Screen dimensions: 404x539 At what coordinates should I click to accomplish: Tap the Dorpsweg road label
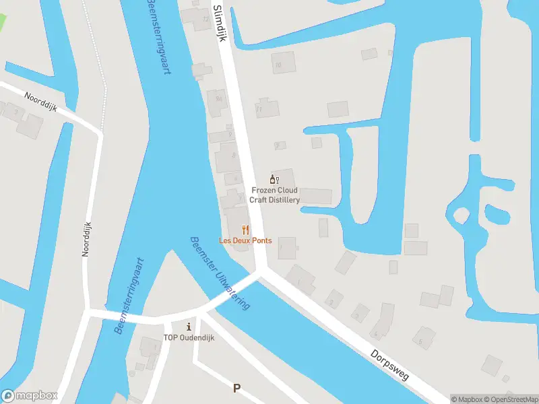click(390, 365)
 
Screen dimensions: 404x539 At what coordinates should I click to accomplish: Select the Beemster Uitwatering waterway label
click(220, 273)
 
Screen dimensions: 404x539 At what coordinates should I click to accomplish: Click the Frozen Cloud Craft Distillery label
click(276, 195)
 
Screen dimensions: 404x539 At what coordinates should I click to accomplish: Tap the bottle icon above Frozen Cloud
click(274, 179)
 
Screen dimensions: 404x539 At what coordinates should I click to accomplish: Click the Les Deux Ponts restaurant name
click(245, 240)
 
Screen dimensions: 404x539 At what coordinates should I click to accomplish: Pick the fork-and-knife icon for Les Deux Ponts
click(246, 229)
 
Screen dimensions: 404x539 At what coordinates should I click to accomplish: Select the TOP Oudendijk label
click(189, 338)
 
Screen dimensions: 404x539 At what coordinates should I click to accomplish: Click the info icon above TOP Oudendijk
click(189, 327)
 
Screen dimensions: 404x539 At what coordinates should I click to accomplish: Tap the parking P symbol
click(236, 388)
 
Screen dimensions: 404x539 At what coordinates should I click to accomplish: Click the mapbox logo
click(30, 396)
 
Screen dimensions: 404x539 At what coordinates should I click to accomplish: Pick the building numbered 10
click(283, 63)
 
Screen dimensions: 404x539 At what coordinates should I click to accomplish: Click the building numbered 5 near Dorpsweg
click(423, 339)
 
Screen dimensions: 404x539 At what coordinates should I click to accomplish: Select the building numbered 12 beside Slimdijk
click(205, 19)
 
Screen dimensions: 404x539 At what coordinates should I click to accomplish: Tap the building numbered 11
click(267, 108)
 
